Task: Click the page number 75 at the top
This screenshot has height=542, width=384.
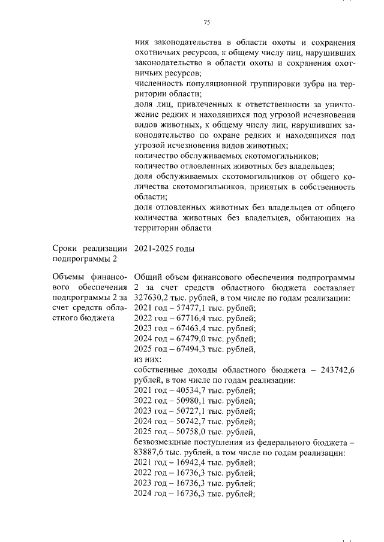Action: click(207, 22)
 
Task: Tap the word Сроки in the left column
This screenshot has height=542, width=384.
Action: click(68, 249)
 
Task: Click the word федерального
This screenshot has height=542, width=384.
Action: click(278, 441)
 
